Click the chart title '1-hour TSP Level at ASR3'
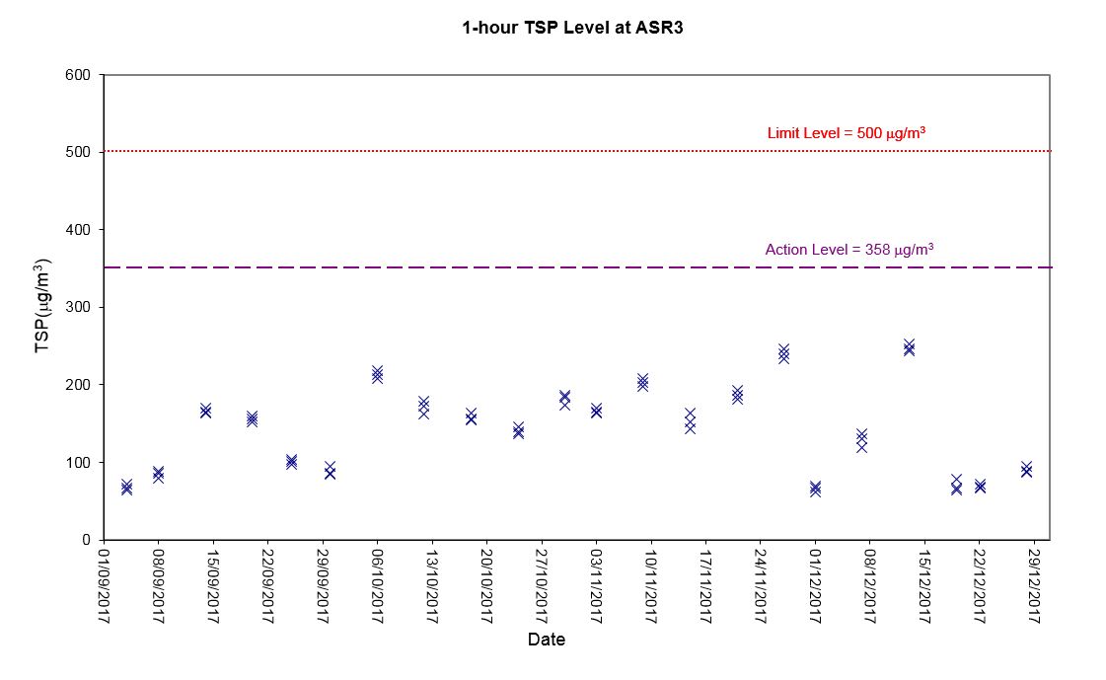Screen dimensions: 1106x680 point(572,28)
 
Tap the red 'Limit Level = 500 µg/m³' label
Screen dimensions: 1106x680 point(847,132)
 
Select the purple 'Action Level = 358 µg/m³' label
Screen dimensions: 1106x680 point(849,249)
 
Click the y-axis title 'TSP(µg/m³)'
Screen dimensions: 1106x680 point(42,305)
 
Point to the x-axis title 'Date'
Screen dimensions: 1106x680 point(546,640)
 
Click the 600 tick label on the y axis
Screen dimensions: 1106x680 point(78,75)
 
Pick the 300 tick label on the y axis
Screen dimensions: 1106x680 point(78,307)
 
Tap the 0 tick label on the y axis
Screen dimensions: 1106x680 point(86,540)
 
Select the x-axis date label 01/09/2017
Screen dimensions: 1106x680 point(104,586)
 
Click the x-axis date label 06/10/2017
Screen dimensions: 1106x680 point(377,586)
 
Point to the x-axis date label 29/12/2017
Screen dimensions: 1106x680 point(1034,586)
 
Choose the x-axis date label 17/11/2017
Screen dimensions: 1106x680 point(706,586)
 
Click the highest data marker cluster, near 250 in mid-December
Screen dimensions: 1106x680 point(909,347)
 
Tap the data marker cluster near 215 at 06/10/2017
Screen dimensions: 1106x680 point(377,374)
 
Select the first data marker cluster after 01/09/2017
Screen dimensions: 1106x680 point(127,487)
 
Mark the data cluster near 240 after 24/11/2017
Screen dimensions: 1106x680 point(783,353)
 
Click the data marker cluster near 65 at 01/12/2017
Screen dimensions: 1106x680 point(815,489)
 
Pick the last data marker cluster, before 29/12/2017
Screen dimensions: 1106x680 point(1026,469)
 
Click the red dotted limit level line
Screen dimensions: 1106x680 point(577,151)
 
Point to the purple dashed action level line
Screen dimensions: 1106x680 point(577,267)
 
